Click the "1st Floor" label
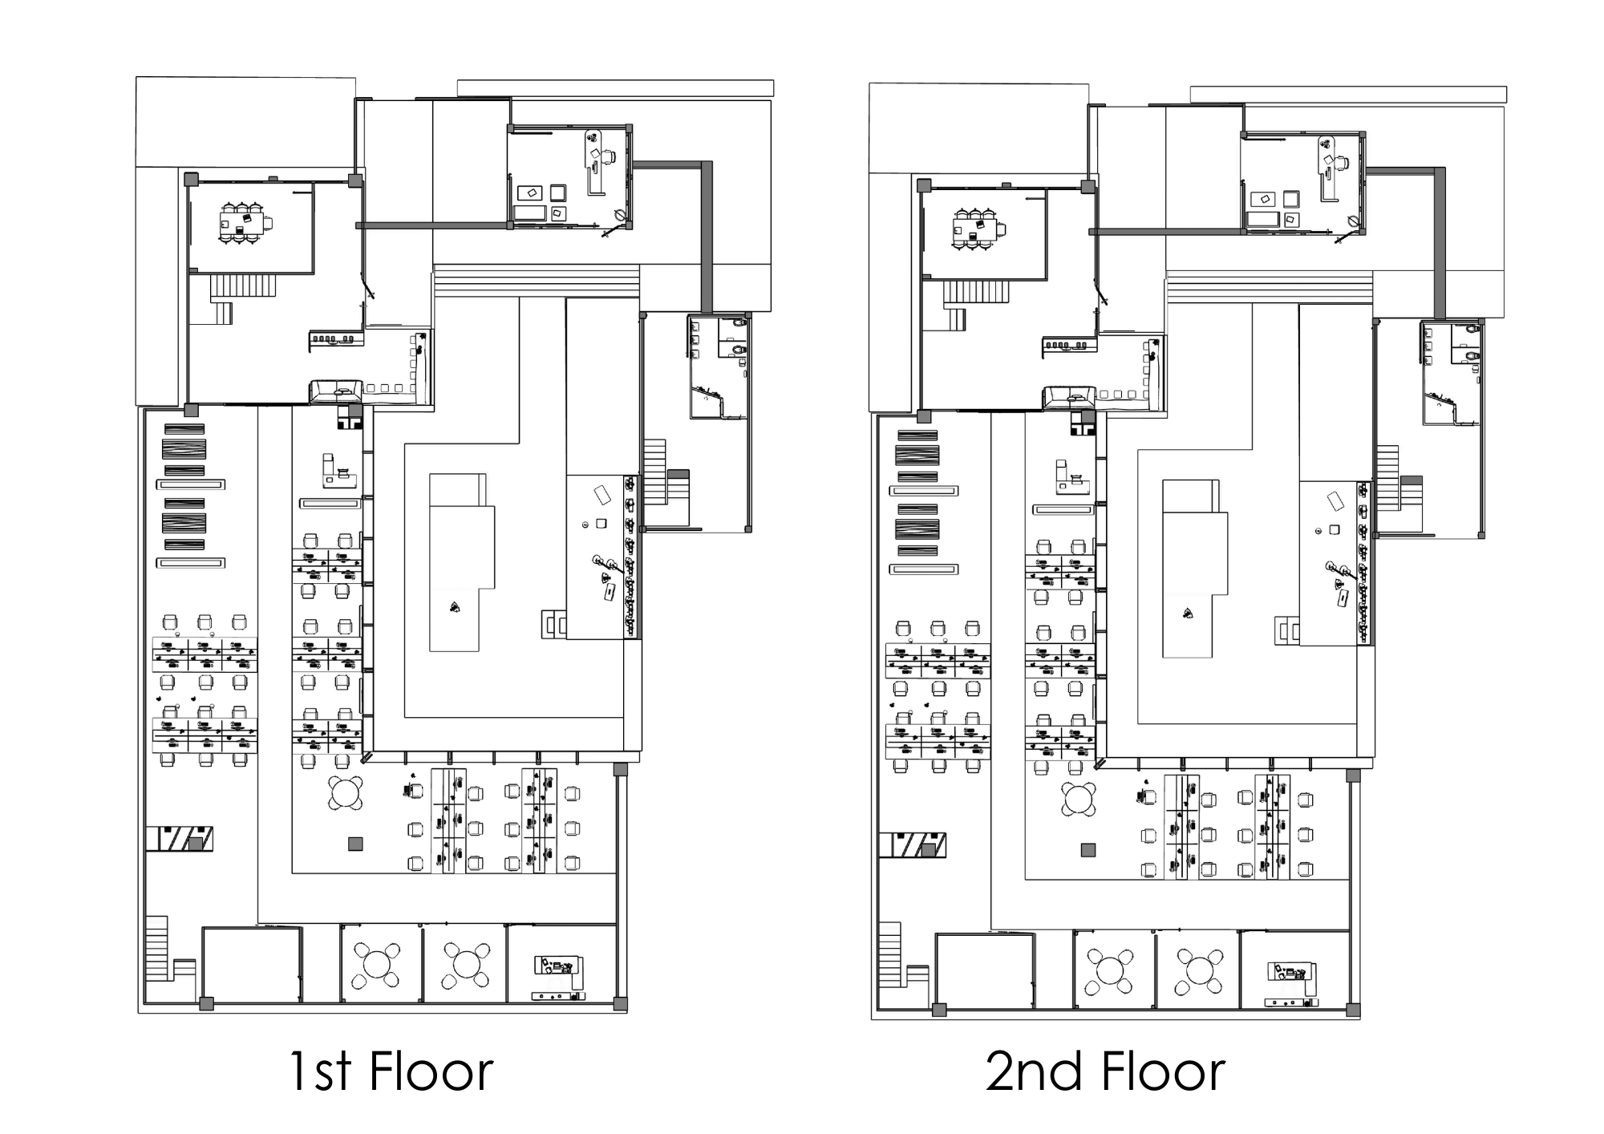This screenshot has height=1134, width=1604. [391, 1071]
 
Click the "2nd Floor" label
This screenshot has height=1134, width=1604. [1104, 1071]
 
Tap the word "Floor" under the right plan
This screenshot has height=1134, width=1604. [1163, 1071]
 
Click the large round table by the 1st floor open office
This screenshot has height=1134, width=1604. [346, 793]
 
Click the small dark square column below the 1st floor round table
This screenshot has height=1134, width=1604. [355, 844]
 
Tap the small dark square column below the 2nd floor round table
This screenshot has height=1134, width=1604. [1088, 850]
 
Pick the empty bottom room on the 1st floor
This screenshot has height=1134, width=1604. [251, 964]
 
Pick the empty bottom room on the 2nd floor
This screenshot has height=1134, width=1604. [984, 970]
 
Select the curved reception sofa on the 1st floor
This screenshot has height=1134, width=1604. [335, 391]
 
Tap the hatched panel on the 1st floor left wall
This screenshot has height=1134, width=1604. [180, 839]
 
